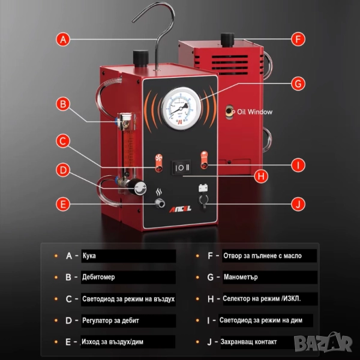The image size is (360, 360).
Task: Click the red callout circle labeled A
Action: tap(63, 40)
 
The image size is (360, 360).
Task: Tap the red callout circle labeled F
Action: tap(298, 39)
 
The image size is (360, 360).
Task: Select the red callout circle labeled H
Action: tap(261, 176)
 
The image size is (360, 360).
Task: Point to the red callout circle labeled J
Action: tap(298, 204)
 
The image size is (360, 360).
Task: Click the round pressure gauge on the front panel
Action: tap(181, 108)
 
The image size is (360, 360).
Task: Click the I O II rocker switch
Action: tap(181, 167)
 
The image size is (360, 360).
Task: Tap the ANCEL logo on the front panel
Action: tap(180, 209)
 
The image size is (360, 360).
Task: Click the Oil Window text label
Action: tap(254, 112)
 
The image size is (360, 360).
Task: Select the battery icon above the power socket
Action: tap(203, 188)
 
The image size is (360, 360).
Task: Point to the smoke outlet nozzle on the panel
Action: tap(160, 203)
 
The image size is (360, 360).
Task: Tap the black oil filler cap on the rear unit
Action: tap(227, 40)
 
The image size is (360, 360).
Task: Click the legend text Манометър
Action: tap(241, 277)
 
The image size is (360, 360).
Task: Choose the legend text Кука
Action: tap(89, 256)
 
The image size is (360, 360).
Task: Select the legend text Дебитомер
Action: tap(98, 277)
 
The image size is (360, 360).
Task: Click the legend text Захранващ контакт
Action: tap(248, 342)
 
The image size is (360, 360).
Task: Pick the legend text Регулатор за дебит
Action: tap(110, 320)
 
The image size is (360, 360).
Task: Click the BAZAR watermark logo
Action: tap(323, 343)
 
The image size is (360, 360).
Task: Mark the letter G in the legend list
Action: tap(211, 277)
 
